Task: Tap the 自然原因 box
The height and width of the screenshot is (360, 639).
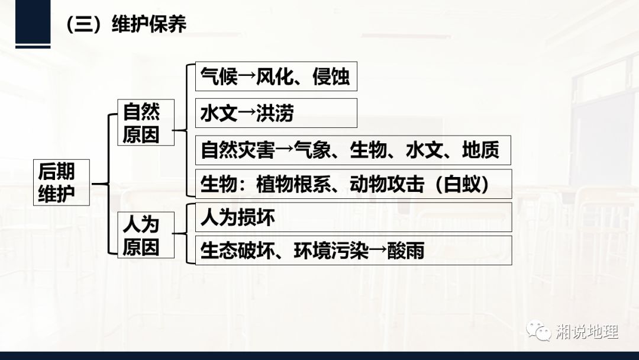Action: click(x=141, y=122)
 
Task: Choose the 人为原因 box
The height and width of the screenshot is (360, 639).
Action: click(x=141, y=234)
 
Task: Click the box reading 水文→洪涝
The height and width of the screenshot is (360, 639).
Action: click(x=276, y=112)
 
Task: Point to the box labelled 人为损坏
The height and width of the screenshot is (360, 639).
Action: click(x=353, y=217)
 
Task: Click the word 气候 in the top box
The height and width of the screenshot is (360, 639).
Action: click(x=219, y=76)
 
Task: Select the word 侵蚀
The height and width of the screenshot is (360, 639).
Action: click(x=331, y=76)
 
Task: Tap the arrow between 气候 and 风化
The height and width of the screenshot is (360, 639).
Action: click(x=247, y=77)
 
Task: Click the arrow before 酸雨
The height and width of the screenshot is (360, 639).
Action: click(x=378, y=251)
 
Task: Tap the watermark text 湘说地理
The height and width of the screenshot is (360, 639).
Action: click(x=587, y=332)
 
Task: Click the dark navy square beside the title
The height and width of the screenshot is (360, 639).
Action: click(x=32, y=22)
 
